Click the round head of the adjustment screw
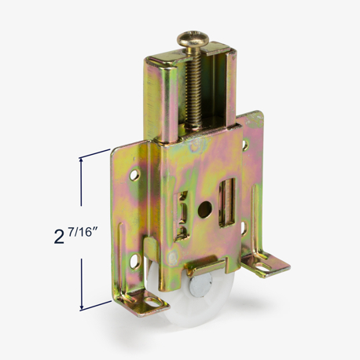(x=193, y=39)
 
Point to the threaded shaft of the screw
(x=193, y=87)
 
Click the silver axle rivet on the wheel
(x=200, y=285)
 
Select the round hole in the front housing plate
(x=205, y=210)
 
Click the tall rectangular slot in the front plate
(x=227, y=203)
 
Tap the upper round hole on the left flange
(x=135, y=174)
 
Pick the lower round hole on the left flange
(x=135, y=261)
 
